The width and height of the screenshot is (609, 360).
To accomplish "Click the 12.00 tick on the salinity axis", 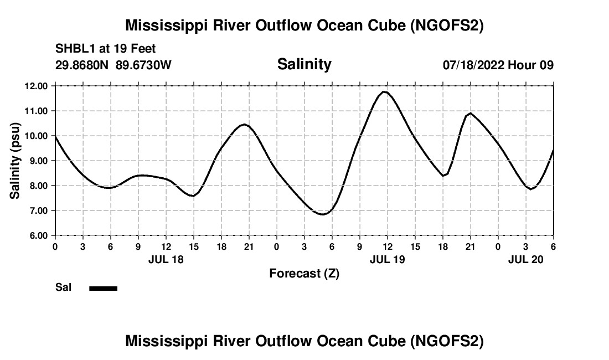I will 37,86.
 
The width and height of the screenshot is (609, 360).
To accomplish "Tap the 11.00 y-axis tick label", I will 37,111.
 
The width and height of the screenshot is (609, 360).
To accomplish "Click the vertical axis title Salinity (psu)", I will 16,161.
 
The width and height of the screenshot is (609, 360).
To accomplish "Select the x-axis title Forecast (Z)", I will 304,273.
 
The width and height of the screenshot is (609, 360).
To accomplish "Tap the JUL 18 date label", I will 166,259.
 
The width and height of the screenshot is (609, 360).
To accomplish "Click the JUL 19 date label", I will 387,259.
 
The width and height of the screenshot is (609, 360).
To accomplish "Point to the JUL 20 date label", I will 525,259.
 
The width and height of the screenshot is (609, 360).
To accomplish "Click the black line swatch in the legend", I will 103,288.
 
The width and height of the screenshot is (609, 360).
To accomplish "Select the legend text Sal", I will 63,287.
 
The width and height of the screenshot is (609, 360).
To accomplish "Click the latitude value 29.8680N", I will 82,65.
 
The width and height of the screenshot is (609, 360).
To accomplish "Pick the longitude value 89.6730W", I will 143,65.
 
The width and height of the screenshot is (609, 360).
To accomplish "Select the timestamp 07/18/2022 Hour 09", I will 498,65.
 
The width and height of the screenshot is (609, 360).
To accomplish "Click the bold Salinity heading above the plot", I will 304,64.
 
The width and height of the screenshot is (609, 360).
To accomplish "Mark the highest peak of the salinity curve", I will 385,92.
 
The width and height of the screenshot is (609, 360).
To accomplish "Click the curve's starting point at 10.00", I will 55,136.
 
